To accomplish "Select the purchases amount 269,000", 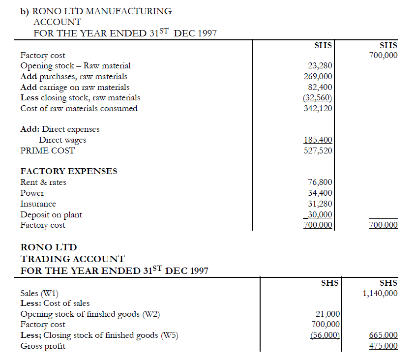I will click(318, 76).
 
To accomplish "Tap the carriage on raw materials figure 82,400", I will click(320, 87).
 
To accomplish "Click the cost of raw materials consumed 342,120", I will click(318, 108).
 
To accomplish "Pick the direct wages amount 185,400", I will click(318, 140).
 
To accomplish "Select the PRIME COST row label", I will click(47, 150).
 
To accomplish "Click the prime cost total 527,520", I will click(318, 150).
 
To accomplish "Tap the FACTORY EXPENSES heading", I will click(68, 171).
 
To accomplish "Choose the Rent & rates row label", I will click(43, 182).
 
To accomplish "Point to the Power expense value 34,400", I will click(320, 193).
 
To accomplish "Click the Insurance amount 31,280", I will click(320, 204).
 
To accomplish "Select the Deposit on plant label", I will click(51, 214).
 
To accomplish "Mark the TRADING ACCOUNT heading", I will click(72, 259).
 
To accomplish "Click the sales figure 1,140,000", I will click(380, 294).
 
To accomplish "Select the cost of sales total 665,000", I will click(383, 335).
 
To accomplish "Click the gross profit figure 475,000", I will click(383, 346).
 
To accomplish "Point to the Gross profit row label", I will click(42, 346).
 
